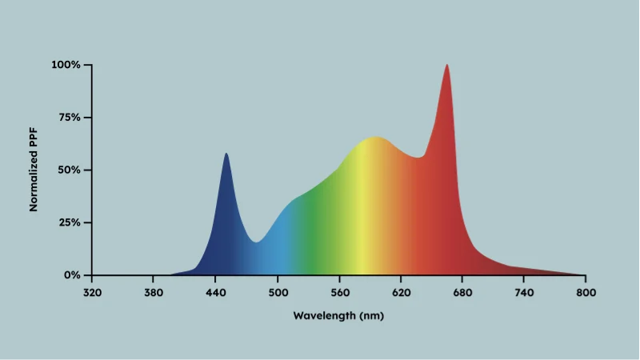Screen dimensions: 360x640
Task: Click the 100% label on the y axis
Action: click(66, 65)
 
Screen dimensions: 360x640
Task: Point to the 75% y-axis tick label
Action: click(68, 118)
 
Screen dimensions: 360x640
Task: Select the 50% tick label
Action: click(68, 170)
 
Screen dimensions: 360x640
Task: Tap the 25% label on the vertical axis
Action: click(68, 222)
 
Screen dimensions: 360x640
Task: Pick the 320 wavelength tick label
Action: click(92, 292)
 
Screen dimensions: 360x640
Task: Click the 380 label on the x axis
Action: click(154, 292)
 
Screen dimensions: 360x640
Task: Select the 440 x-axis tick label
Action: click(215, 292)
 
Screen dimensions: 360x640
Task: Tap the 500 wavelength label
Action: click(277, 292)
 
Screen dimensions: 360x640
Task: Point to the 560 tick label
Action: click(339, 292)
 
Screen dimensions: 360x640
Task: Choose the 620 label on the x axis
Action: click(401, 292)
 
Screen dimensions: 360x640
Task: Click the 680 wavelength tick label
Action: click(462, 292)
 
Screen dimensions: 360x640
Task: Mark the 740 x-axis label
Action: click(524, 292)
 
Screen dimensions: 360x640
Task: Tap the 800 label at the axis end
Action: click(586, 292)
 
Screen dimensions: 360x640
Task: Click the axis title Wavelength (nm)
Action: click(339, 315)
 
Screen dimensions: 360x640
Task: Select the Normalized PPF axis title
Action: click(34, 170)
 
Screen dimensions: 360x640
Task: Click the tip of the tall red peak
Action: click(446, 66)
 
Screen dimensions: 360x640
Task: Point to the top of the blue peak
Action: click(226, 154)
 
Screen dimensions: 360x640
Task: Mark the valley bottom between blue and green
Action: click(256, 242)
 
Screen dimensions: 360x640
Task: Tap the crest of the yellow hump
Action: click(374, 138)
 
